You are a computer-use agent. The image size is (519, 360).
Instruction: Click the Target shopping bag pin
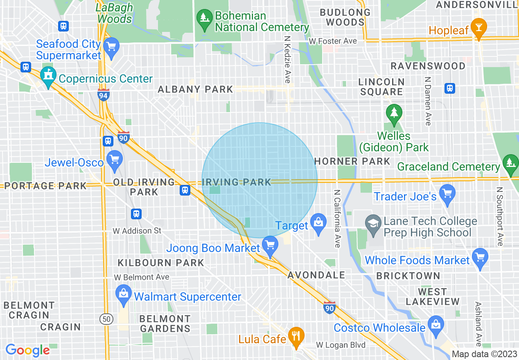click(318, 223)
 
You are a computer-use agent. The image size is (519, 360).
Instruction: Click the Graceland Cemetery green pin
click(510, 163)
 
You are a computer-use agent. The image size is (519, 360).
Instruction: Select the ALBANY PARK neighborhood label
click(195, 89)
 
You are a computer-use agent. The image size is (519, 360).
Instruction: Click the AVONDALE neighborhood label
click(316, 275)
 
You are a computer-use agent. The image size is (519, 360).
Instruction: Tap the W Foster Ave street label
click(333, 41)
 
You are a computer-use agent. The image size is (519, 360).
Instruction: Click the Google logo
click(28, 350)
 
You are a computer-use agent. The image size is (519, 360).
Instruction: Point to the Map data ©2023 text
click(484, 354)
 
